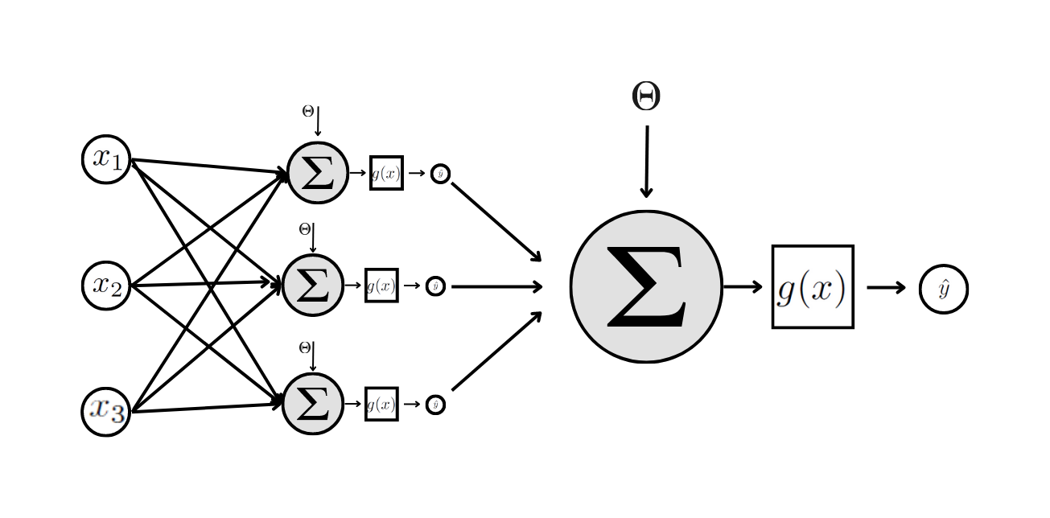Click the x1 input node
click(x=106, y=159)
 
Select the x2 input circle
click(x=106, y=286)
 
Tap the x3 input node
click(x=106, y=411)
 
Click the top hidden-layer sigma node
click(x=318, y=173)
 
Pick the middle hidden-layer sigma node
click(x=313, y=286)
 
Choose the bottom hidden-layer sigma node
click(x=313, y=404)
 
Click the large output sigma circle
click(x=646, y=286)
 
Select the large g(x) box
click(x=813, y=286)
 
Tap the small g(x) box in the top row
click(x=386, y=173)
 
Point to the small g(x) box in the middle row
click(x=381, y=286)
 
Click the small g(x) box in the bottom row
click(x=381, y=404)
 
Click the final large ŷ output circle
click(x=943, y=289)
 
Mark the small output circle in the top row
click(x=440, y=174)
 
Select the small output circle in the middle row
click(x=435, y=286)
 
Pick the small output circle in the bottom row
click(x=435, y=405)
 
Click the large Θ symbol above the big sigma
click(x=646, y=97)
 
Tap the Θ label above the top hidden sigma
click(x=307, y=112)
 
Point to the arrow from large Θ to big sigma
click(x=646, y=161)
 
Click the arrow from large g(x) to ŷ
click(x=887, y=287)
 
